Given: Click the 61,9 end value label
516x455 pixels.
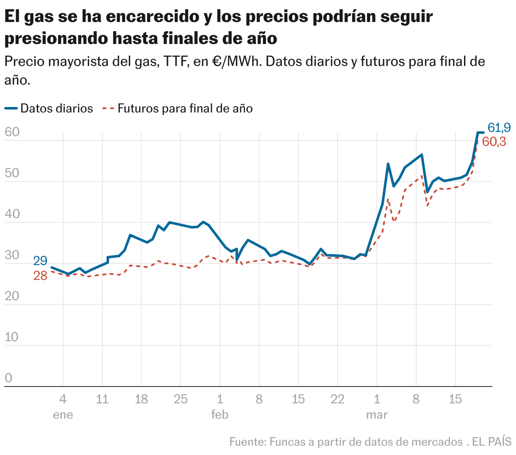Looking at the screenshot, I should coord(499,127).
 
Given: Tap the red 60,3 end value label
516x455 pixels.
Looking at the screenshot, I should coord(494,142).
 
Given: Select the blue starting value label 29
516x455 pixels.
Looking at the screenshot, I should coord(40,261).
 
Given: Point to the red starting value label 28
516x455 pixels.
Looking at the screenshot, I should coord(40,276).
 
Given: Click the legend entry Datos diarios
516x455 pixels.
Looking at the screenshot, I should coord(56,109).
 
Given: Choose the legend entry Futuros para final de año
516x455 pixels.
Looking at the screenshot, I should coord(185,109).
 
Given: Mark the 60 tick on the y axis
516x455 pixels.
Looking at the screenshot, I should coord(12,132).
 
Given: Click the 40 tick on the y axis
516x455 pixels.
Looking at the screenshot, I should coord(12,214).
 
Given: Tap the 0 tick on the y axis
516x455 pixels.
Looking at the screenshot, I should coord(8,378).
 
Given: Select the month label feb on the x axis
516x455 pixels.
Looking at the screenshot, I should coord(220,415).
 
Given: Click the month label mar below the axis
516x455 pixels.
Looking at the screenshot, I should coord(376,415).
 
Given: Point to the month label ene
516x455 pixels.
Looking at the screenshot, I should coord(63,415).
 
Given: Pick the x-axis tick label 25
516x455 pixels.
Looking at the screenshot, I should coord(181,399).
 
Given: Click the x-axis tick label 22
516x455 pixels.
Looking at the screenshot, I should coord(338,399).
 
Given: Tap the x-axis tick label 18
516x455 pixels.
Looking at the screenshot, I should coord(141,399).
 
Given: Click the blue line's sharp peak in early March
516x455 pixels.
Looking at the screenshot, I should coord(388,164).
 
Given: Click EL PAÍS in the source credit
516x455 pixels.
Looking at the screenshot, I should coord(492,442).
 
